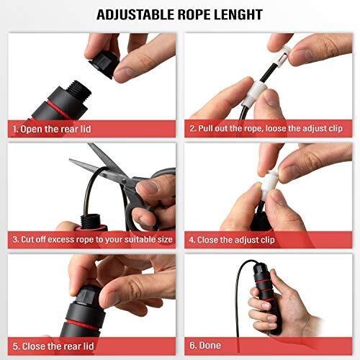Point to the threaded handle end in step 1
coord(78,89)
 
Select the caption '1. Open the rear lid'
coord(52,129)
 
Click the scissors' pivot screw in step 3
coord(124,181)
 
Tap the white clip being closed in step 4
coord(269,185)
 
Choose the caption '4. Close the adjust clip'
coord(232,240)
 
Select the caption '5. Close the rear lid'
coord(53,346)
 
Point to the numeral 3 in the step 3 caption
coord(15,240)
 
